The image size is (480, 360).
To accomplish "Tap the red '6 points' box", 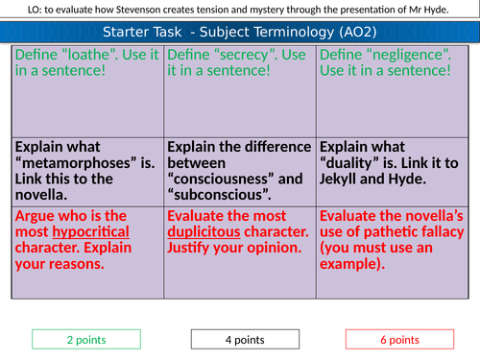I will (395, 339).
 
